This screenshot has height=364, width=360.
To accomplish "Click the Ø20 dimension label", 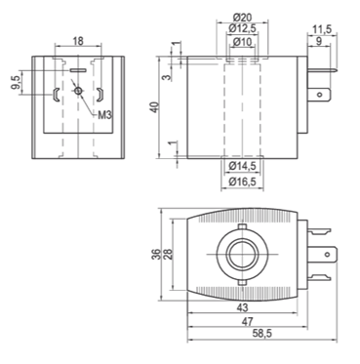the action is pos(243,17).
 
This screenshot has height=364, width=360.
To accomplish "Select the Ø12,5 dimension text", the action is pos(243,28).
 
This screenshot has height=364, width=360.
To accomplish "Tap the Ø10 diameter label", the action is pos(243,42).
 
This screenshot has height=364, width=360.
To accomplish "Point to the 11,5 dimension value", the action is pos(322,29).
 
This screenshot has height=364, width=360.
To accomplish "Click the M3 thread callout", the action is pos(104,114).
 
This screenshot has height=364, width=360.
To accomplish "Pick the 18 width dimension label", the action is pos(78,41).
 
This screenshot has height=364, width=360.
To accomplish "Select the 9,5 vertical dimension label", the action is pos(17,82).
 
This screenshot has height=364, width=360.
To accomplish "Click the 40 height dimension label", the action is pos(156,107).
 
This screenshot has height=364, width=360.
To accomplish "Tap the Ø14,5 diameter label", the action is pos(242,166).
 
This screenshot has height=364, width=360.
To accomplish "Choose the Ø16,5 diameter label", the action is pos(242,182).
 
